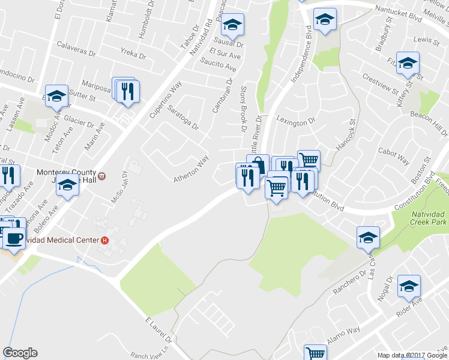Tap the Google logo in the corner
pyautogui.click(x=20, y=353)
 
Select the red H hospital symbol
pyautogui.click(x=105, y=241)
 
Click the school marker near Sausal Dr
pyautogui.click(x=232, y=25)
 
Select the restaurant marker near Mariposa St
pyautogui.click(x=127, y=91)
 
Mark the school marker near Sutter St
pyautogui.click(x=57, y=95)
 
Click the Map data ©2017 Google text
pyautogui.click(x=412, y=355)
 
